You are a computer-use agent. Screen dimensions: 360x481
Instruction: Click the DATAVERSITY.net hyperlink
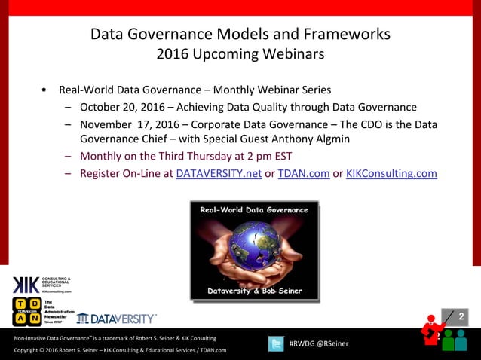pos(219,173)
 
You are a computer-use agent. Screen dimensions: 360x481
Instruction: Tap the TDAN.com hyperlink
pos(304,173)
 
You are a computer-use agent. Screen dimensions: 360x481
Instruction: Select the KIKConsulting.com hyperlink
pos(391,173)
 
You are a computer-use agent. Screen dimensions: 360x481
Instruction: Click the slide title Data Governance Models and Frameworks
pos(240,35)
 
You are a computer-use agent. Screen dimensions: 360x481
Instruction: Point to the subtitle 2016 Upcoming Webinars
pos(240,54)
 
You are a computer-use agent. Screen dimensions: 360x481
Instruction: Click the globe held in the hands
pos(253,244)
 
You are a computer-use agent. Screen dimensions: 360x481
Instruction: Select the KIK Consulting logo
pos(41,284)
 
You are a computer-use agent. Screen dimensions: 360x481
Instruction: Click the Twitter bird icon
pos(277,343)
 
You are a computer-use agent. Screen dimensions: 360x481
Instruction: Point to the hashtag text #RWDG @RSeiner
pos(319,344)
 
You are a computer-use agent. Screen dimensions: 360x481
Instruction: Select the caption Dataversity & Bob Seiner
pos(253,291)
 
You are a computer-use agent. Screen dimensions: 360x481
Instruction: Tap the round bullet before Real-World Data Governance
pos(46,90)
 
